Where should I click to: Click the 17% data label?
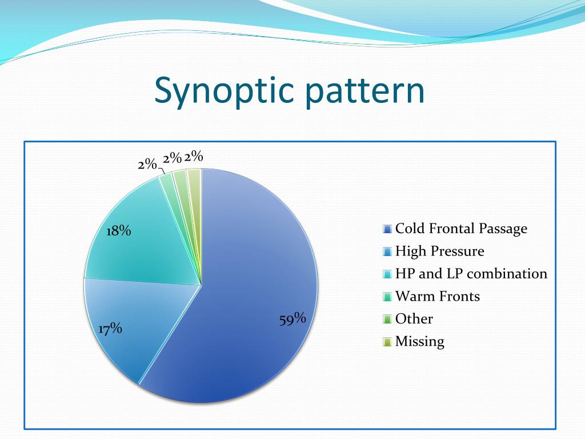110,329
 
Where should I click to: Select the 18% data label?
119,231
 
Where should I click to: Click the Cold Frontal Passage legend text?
461,229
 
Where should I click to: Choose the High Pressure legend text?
439,251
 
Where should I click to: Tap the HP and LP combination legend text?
471,274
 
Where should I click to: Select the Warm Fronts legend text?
437,296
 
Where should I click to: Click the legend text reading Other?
414,319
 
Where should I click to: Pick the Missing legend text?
419,341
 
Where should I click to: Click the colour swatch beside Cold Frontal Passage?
387,230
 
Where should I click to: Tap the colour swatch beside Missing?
387,342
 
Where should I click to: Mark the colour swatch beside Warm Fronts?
387,297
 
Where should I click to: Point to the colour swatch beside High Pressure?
387,252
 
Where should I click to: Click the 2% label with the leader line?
147,164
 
